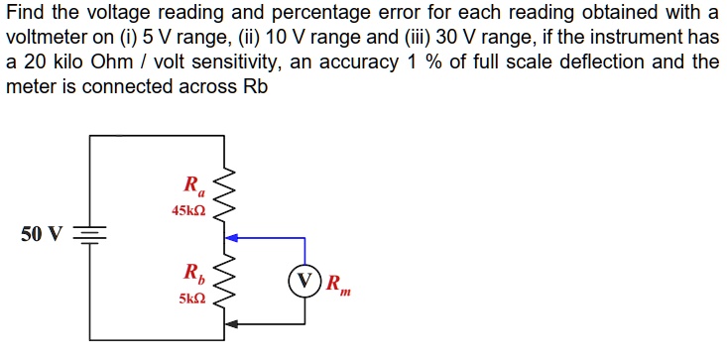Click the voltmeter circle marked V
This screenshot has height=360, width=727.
tap(305, 280)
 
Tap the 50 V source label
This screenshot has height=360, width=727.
tap(41, 235)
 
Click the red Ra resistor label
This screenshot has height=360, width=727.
tap(192, 184)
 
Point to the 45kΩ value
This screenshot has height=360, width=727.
tap(188, 210)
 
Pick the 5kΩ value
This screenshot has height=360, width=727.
tap(191, 298)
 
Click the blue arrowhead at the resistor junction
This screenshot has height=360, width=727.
tap(232, 238)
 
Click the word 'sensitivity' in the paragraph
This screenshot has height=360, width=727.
tap(236, 61)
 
